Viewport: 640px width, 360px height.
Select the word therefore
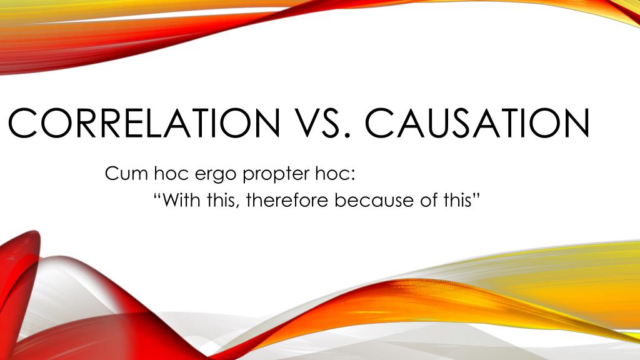pyautogui.click(x=286, y=201)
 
